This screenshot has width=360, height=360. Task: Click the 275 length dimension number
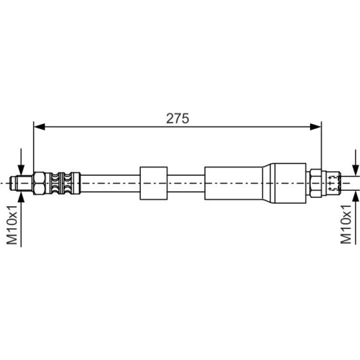178,118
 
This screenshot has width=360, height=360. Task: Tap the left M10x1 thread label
12,225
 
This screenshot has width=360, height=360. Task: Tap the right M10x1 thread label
346,224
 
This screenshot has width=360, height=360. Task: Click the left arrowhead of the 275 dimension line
39,127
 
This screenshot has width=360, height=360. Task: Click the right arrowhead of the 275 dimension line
316,127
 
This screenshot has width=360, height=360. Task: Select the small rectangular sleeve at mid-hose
154,183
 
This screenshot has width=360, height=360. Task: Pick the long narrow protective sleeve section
233,183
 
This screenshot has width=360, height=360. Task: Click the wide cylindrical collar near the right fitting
288,183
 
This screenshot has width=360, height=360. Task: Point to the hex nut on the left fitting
39,183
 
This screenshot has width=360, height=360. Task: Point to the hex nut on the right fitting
316,183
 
